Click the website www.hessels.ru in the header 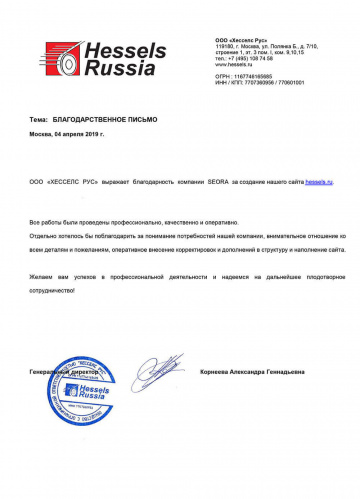click(235, 64)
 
